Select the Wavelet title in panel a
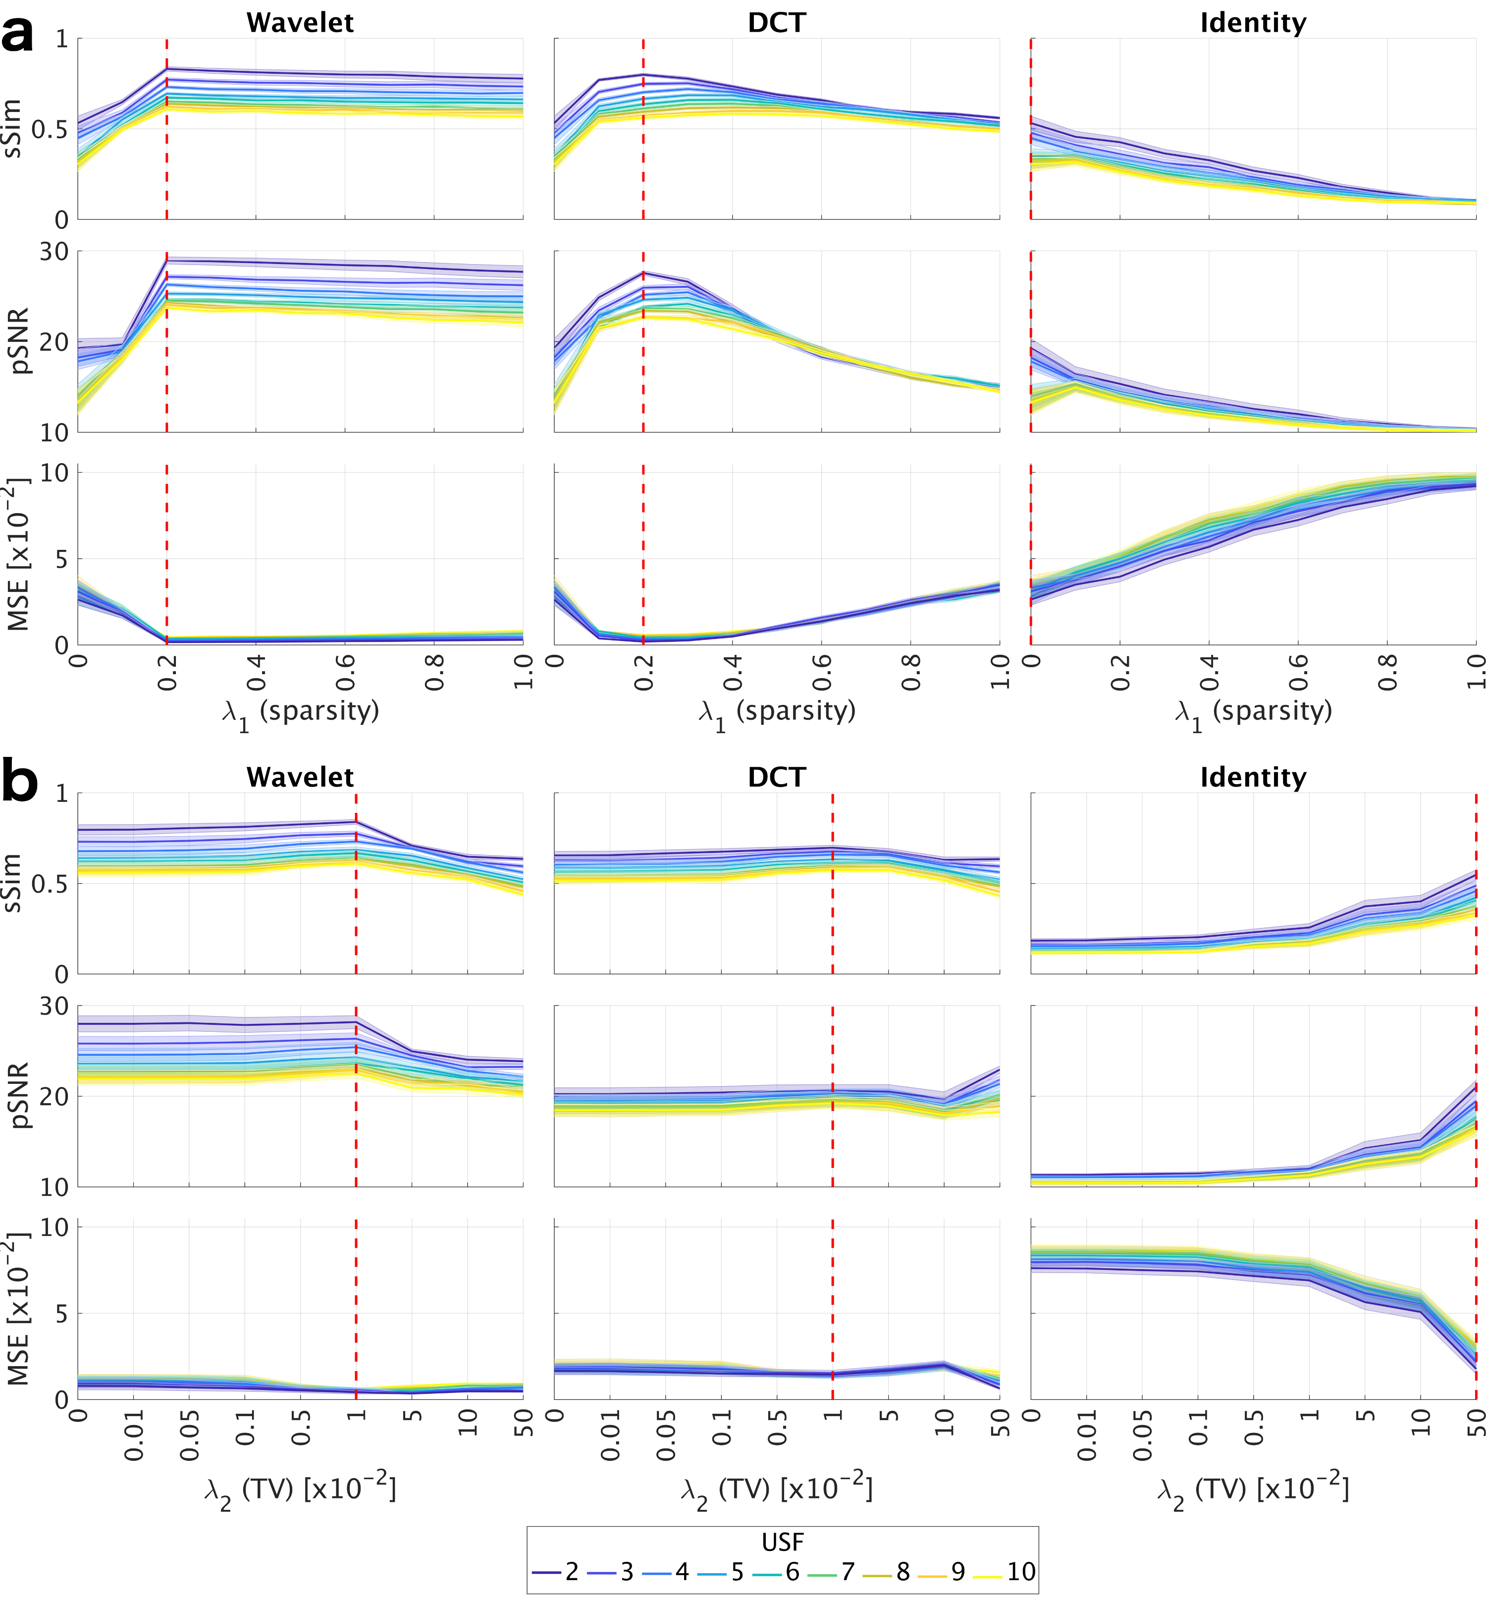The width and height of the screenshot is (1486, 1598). (x=300, y=22)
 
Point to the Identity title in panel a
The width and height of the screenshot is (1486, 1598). (x=1253, y=22)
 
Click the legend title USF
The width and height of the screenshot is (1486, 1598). (x=782, y=1542)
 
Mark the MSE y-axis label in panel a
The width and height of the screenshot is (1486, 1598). (x=18, y=555)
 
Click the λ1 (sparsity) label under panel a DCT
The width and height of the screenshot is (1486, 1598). (x=776, y=712)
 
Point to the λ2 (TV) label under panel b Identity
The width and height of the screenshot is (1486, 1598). (x=1253, y=1490)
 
